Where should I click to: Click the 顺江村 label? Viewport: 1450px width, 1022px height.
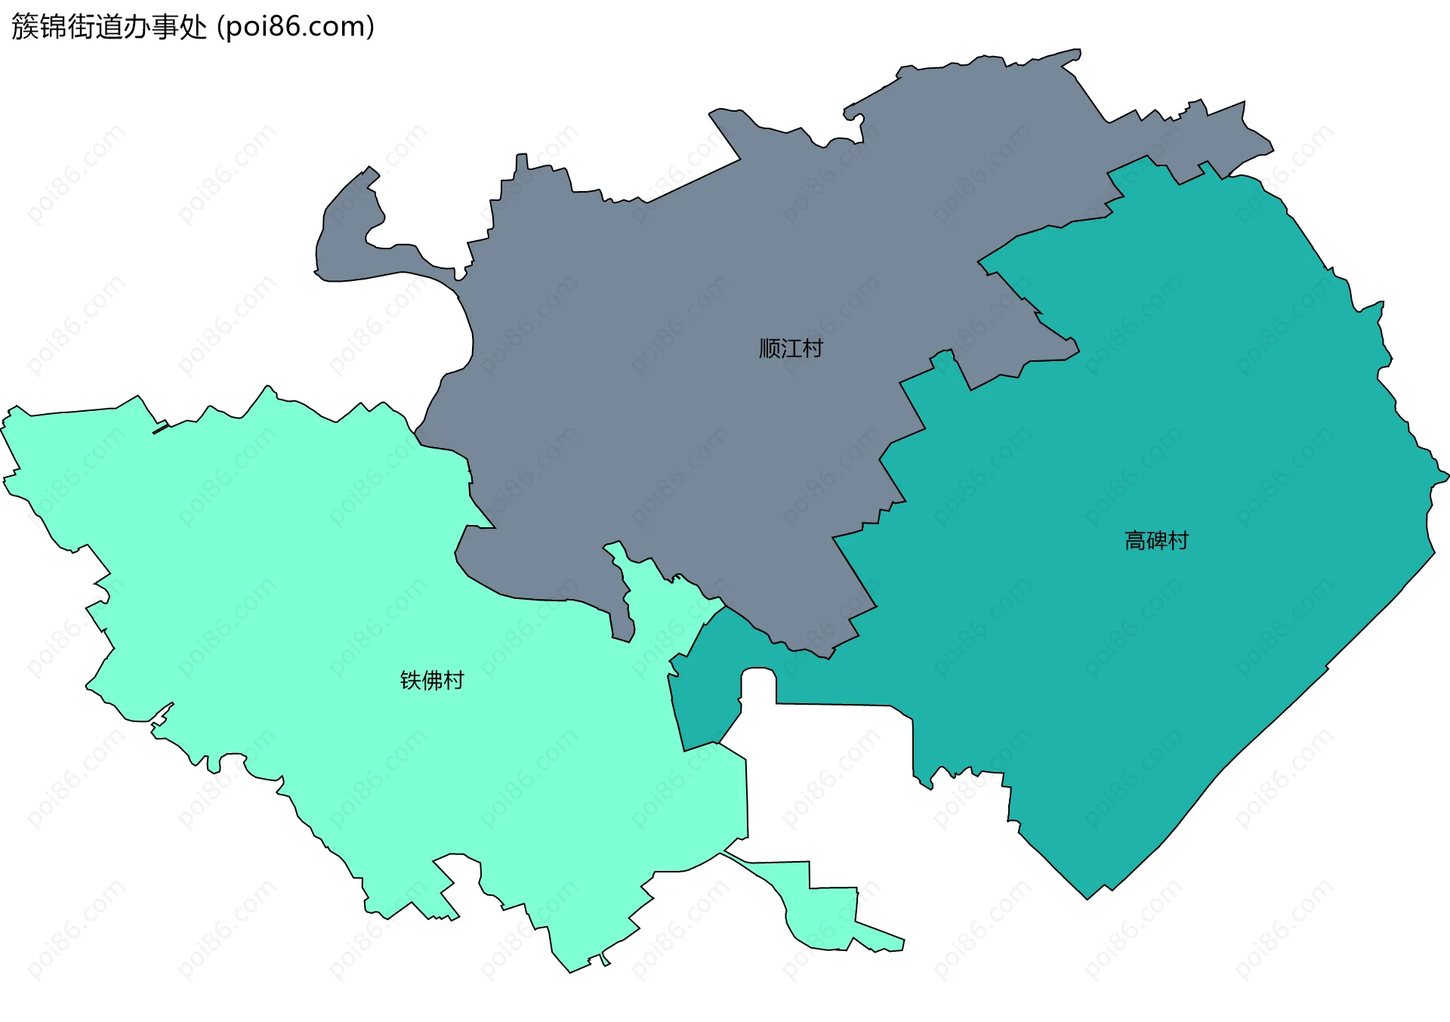(x=791, y=348)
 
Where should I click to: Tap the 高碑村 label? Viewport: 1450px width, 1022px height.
(x=1156, y=541)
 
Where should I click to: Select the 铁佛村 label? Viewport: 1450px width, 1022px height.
(x=431, y=681)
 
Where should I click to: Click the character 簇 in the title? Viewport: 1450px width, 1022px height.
(x=25, y=27)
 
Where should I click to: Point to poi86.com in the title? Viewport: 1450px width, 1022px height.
(x=295, y=27)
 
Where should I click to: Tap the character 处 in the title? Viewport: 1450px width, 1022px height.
(x=193, y=27)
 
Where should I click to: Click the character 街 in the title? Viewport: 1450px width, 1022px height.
(x=81, y=27)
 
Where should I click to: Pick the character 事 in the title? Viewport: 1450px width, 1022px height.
(x=165, y=27)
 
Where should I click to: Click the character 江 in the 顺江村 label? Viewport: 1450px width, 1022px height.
(x=791, y=348)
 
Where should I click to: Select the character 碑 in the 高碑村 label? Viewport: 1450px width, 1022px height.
(x=1156, y=541)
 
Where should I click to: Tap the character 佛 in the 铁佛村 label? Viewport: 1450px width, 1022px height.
(x=431, y=681)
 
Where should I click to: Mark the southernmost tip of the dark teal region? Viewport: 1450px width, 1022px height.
(x=1087, y=897)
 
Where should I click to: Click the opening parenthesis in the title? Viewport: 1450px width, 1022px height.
(x=220, y=27)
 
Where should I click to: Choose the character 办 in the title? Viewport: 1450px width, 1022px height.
(x=137, y=27)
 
